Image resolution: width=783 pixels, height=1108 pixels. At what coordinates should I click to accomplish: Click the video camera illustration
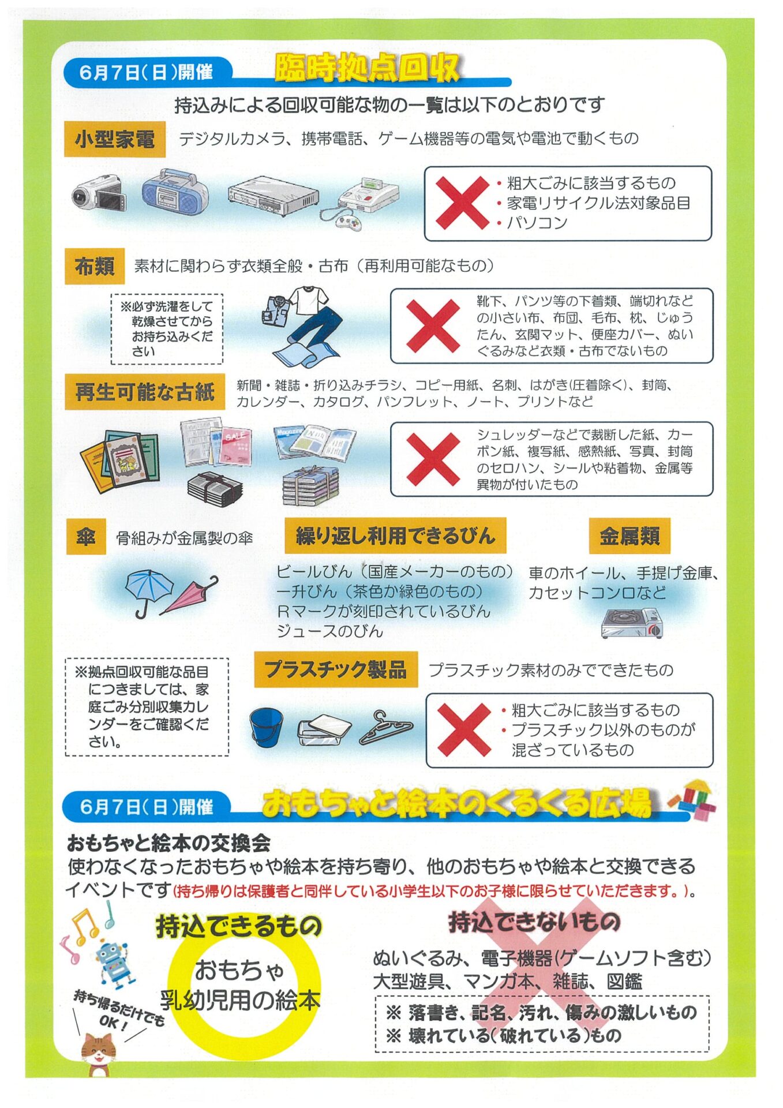(98, 193)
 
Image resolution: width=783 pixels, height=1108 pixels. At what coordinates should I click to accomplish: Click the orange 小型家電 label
(115, 139)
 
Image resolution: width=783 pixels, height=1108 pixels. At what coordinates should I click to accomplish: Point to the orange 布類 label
(95, 266)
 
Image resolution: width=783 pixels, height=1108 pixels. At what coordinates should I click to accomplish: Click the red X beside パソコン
(462, 203)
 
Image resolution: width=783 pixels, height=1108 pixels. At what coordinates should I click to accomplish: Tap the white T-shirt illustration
(309, 301)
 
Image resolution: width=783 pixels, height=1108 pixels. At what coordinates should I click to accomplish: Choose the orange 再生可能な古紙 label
(145, 392)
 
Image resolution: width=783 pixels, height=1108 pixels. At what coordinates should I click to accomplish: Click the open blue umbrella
(148, 592)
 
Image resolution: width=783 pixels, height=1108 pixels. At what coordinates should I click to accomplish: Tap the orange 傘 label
(86, 537)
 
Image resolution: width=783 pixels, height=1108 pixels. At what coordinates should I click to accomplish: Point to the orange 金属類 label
(630, 536)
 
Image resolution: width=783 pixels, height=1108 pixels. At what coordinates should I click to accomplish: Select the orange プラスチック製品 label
(336, 669)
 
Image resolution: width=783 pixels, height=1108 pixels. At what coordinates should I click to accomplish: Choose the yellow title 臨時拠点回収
(367, 68)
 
